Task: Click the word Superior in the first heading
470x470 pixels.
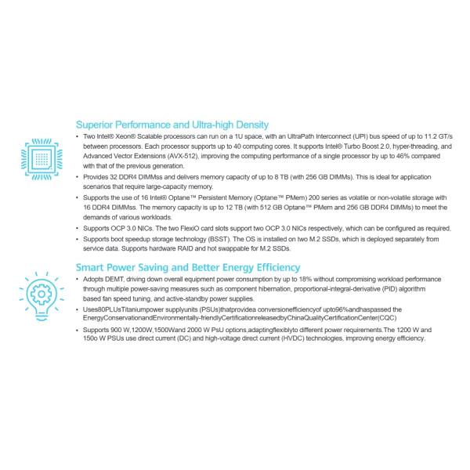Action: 96,125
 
